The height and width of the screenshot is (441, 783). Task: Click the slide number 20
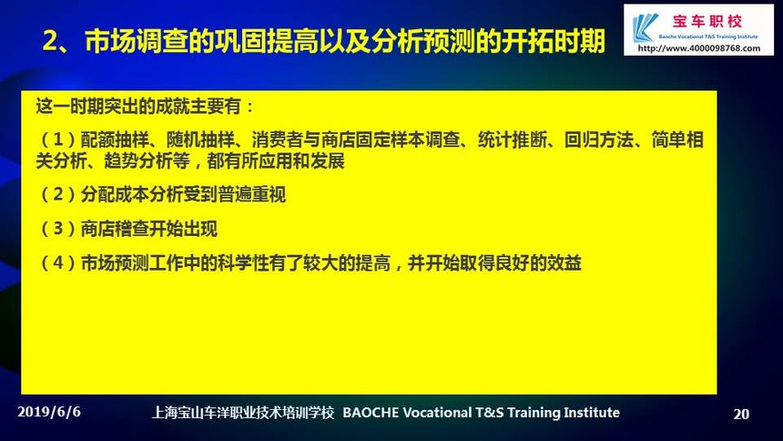(741, 414)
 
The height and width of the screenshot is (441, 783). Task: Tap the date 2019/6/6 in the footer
(49, 412)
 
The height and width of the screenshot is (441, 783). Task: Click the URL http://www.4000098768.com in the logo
(699, 48)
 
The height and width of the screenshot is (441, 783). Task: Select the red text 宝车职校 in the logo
(707, 22)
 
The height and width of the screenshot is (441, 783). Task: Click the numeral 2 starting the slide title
(49, 41)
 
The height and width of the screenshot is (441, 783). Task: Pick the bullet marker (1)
(58, 139)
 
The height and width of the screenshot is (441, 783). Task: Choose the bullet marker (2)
(58, 194)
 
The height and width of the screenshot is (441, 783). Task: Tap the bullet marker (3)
(58, 229)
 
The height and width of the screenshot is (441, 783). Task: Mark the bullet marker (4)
(58, 262)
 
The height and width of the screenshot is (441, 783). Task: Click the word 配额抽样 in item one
(115, 139)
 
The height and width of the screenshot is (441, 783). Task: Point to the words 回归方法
(599, 139)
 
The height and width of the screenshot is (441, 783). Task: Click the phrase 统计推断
(512, 139)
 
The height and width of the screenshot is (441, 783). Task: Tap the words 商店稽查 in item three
(115, 229)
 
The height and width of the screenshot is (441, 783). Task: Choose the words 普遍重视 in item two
(251, 194)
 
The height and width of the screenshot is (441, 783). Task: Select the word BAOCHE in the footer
(371, 413)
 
